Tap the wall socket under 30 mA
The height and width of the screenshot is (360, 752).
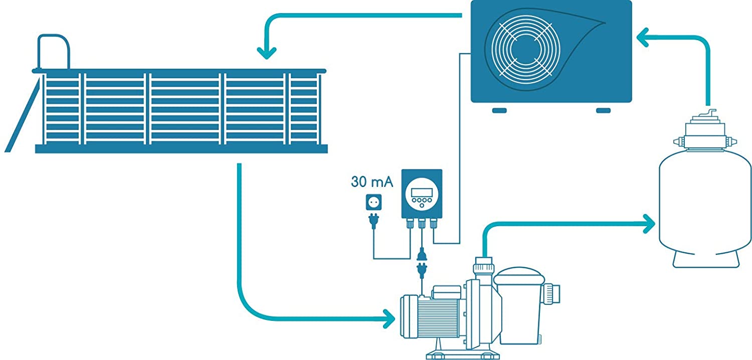tap(373, 203)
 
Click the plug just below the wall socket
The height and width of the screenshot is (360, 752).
tap(373, 221)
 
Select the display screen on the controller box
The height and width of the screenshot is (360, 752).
tap(421, 191)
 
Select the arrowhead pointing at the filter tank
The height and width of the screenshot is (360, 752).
tap(650, 224)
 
